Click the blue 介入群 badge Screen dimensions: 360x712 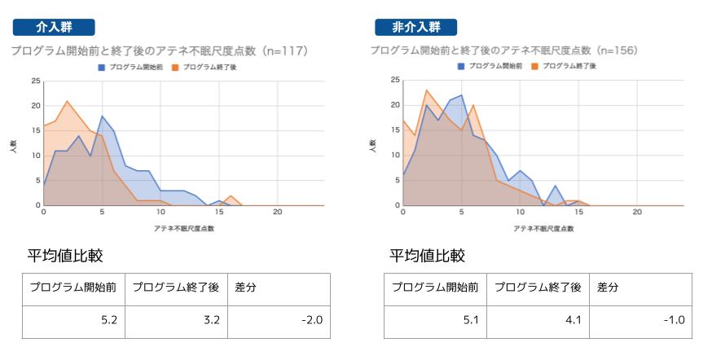(x=54, y=27)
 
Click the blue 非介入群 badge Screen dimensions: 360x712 (x=415, y=27)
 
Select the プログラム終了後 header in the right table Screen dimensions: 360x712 (x=538, y=288)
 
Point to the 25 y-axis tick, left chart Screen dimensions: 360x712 (x=35, y=81)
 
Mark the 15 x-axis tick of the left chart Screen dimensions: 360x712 (x=219, y=212)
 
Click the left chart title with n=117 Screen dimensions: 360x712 (x=159, y=51)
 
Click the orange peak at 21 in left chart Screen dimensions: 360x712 (x=68, y=101)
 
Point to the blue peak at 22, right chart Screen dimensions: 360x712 (x=462, y=95)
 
